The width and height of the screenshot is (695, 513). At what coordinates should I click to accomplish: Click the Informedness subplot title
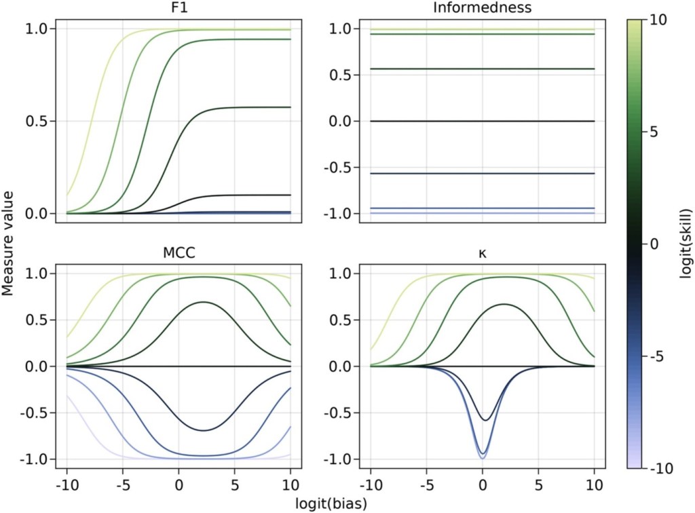pyautogui.click(x=482, y=9)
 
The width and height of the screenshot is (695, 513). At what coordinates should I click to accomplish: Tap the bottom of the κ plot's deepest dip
pyautogui.click(x=483, y=459)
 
